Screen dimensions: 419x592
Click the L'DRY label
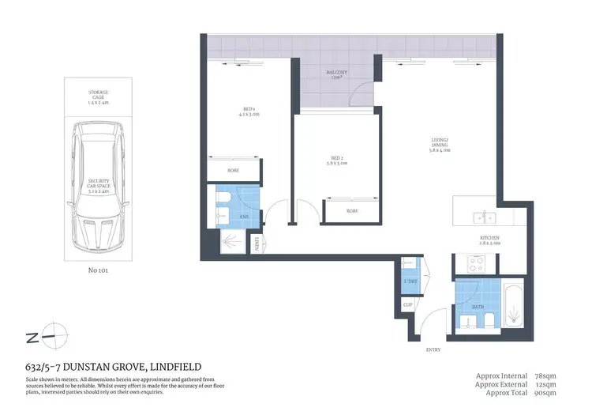pyautogui.click(x=410, y=281)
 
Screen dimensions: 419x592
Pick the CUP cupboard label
pyautogui.click(x=407, y=304)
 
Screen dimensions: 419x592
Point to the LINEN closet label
pyautogui.click(x=257, y=246)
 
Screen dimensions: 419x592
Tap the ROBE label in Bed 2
pyautogui.click(x=352, y=211)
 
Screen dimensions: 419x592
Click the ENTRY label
pyautogui.click(x=432, y=350)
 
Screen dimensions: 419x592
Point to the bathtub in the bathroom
pyautogui.click(x=514, y=305)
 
